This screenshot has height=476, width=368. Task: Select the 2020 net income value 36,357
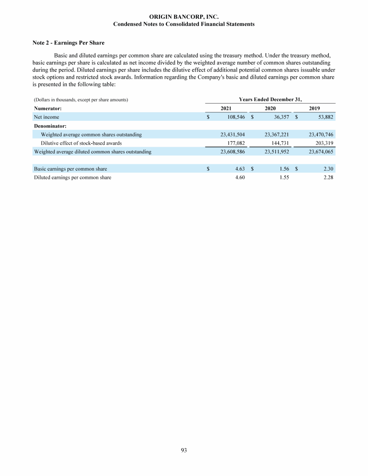(280, 116)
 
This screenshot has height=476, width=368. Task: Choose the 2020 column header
(270, 108)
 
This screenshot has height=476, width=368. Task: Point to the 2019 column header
(314, 108)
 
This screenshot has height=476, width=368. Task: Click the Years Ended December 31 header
(270, 99)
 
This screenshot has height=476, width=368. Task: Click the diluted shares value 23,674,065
(321, 151)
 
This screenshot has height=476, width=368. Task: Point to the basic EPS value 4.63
(240, 169)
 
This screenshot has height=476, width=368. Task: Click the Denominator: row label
(50, 126)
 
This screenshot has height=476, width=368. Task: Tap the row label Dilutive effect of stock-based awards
(81, 143)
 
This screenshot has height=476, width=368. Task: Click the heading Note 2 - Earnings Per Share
(68, 43)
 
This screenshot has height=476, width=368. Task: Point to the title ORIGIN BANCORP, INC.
(184, 17)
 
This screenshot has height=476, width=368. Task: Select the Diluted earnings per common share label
(72, 177)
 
